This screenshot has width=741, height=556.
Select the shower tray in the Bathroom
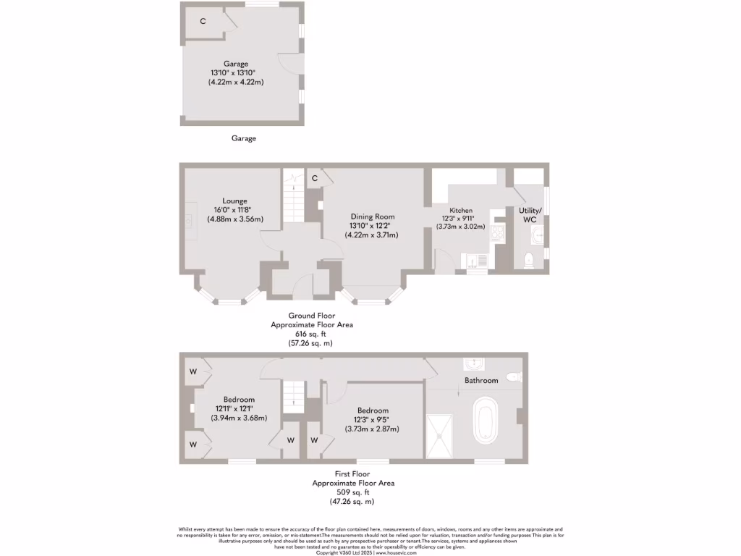pyautogui.click(x=439, y=437)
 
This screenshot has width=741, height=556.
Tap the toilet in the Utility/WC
pyautogui.click(x=528, y=260)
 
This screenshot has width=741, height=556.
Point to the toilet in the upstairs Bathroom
pyautogui.click(x=513, y=376)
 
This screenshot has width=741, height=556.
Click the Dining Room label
pyautogui.click(x=373, y=216)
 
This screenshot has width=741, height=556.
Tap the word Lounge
pyautogui.click(x=234, y=201)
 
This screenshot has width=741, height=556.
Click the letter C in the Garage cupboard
pyautogui.click(x=203, y=21)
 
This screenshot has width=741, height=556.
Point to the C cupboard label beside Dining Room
pyautogui.click(x=315, y=178)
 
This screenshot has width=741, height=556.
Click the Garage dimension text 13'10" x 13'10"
pyautogui.click(x=234, y=73)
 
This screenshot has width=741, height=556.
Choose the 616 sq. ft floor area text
pyautogui.click(x=310, y=334)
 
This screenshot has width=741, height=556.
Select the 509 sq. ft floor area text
pyautogui.click(x=352, y=492)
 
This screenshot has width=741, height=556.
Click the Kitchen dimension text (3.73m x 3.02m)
pyautogui.click(x=460, y=227)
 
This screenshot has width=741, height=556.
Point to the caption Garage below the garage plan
pyautogui.click(x=243, y=138)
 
